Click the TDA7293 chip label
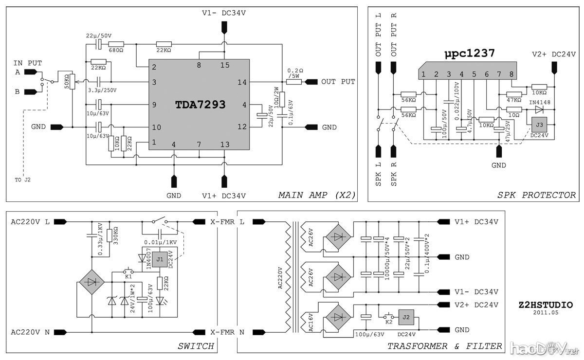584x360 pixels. [200, 104]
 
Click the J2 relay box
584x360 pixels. [406, 317]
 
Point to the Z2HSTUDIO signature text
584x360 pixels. [546, 305]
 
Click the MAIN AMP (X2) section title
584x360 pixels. [317, 196]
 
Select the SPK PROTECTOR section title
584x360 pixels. [536, 196]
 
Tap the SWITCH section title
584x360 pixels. [196, 346]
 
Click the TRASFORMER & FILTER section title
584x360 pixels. [444, 346]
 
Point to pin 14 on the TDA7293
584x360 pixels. [242, 82]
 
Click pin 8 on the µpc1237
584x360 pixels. [511, 74]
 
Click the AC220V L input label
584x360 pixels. [30, 222]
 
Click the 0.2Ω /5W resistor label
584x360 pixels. [296, 73]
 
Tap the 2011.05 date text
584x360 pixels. [546, 313]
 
